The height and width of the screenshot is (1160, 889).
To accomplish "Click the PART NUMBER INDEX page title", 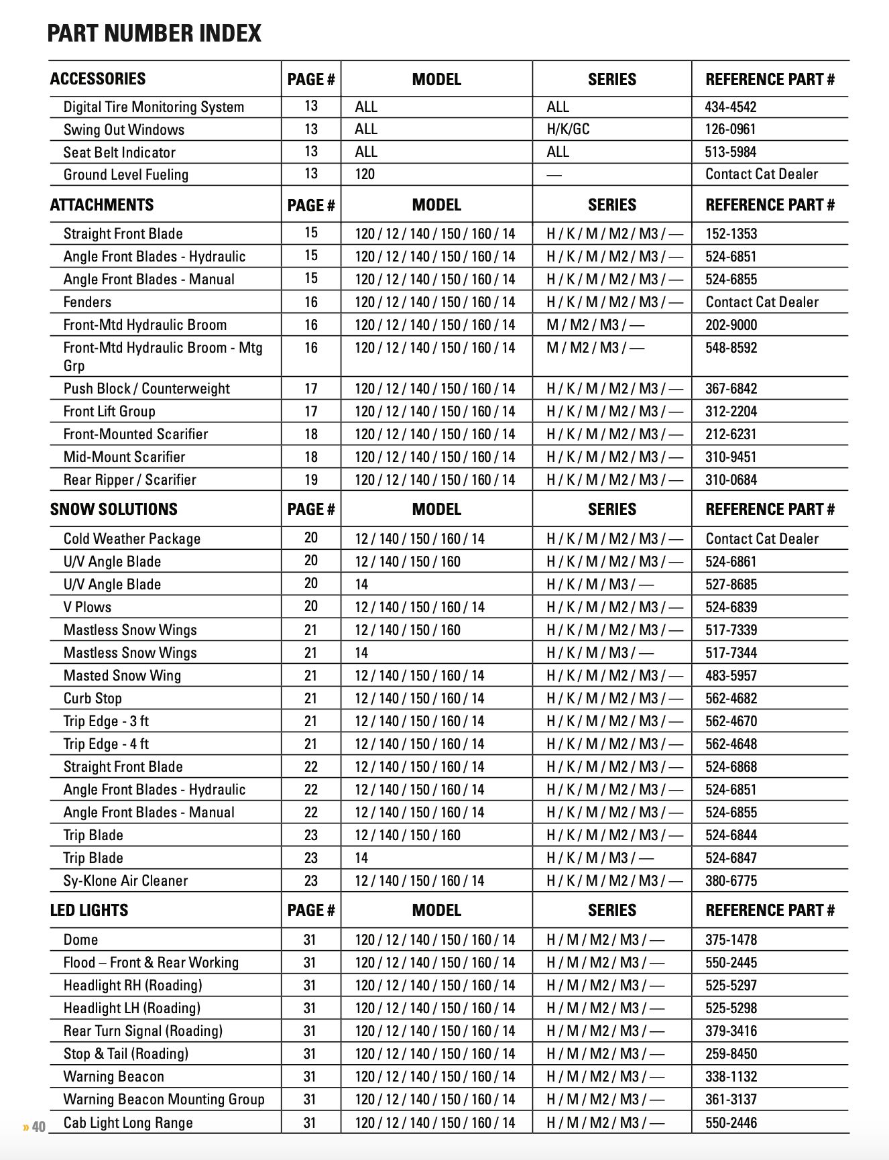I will [x=154, y=33].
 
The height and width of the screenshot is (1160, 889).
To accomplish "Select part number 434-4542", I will [x=730, y=107].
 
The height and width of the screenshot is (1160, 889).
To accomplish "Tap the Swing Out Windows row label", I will [x=123, y=129].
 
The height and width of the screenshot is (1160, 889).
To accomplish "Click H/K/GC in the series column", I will [x=568, y=129].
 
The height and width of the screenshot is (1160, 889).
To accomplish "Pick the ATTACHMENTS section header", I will [x=101, y=205].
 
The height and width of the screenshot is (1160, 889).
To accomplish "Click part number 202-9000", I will [x=731, y=325].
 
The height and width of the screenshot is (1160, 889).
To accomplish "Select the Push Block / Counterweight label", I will [x=146, y=388].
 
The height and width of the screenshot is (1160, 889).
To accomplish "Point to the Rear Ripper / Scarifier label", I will [x=129, y=479].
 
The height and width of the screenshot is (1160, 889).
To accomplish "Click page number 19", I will [x=310, y=479].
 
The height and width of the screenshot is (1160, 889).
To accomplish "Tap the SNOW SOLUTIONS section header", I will [x=113, y=509].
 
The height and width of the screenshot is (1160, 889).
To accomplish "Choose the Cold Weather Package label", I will [x=131, y=538].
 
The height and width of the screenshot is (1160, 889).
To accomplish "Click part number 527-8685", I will [x=731, y=584].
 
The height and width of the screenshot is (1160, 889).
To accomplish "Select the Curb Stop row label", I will [x=93, y=698].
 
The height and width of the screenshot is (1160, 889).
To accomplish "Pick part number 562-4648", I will [x=731, y=744].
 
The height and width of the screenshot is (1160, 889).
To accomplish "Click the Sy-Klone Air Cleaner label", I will [x=125, y=880].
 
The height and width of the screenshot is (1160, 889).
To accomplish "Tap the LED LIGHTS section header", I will [x=88, y=910].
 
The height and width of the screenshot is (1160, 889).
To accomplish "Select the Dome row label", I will [x=80, y=939].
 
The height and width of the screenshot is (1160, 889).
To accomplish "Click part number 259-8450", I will [x=731, y=1053].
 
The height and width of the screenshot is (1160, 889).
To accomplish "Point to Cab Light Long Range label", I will [x=127, y=1122].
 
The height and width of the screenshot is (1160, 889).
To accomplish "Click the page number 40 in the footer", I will [x=38, y=1126].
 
